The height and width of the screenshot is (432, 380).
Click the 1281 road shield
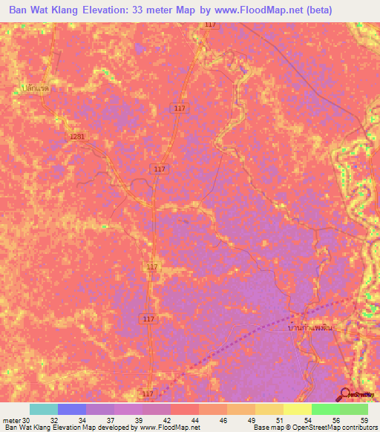point(76,137)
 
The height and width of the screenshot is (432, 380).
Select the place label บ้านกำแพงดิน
point(311,326)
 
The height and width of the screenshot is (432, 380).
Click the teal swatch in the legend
point(44,410)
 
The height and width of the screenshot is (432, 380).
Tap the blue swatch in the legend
point(72,410)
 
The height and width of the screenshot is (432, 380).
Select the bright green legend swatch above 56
point(326,410)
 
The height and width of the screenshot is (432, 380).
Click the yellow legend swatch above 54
point(298,410)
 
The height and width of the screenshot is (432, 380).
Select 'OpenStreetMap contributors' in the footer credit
point(334,428)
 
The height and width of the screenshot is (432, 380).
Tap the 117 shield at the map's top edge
point(210,24)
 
